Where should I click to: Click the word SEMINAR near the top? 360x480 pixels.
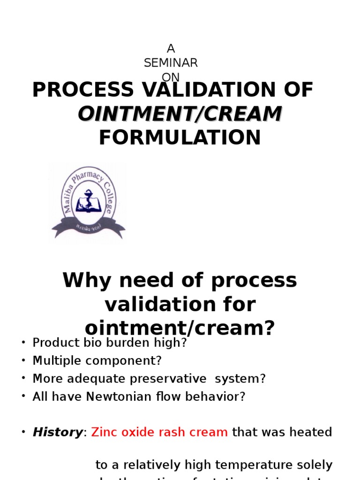[x=171, y=63]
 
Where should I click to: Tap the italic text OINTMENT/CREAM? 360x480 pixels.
[x=180, y=114]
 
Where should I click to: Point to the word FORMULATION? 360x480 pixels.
[x=180, y=138]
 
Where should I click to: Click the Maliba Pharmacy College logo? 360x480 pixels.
[x=88, y=202]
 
